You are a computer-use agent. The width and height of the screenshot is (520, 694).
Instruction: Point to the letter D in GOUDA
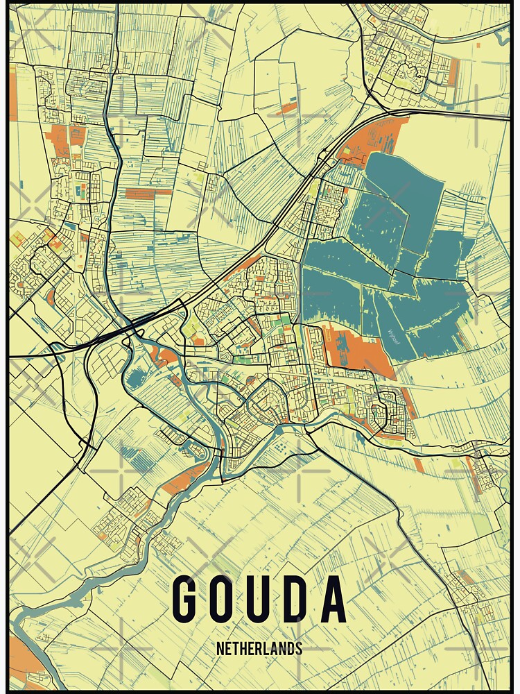(296, 598)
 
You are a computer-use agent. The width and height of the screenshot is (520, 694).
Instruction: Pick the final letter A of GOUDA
(333, 598)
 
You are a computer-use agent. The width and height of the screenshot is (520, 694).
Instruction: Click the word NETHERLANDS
(259, 648)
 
